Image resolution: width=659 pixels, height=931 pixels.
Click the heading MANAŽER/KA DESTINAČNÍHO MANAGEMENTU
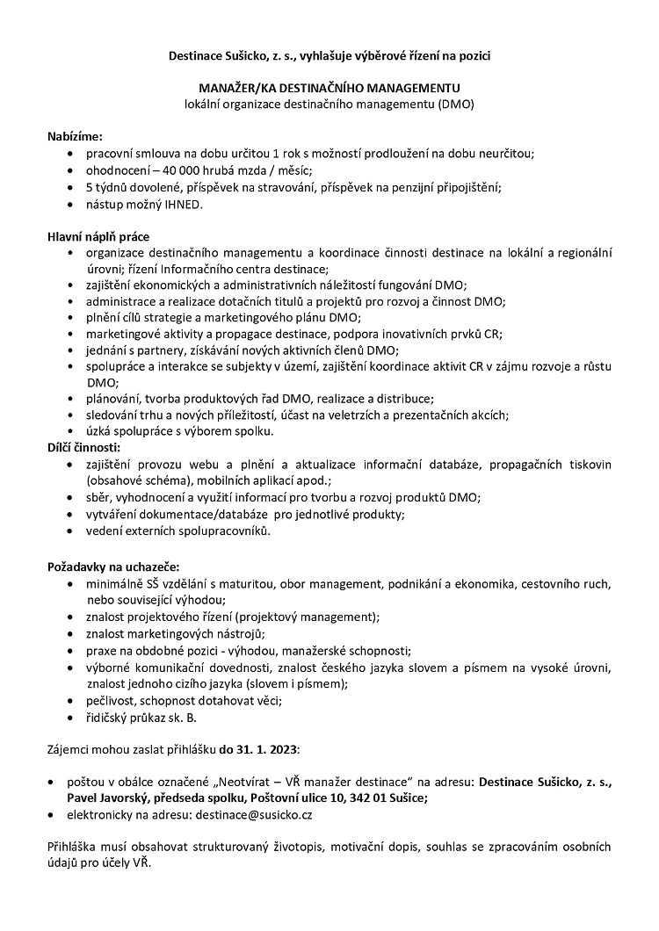pyautogui.click(x=329, y=89)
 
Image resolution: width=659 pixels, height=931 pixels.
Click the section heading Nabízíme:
pyautogui.click(x=75, y=136)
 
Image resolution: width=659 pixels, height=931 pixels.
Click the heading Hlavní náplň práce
pyautogui.click(x=98, y=237)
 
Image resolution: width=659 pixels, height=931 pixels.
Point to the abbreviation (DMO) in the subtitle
pyautogui.click(x=453, y=105)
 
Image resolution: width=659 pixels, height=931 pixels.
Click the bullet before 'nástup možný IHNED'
pyautogui.click(x=70, y=204)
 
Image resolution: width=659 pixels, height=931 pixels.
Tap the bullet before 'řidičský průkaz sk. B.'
pyautogui.click(x=70, y=718)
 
